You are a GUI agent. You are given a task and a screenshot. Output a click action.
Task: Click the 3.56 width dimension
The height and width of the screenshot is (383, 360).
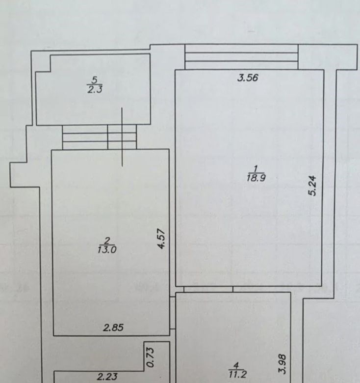pos(248,78)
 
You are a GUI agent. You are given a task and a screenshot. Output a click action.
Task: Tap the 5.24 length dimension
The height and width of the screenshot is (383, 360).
pos(312,186)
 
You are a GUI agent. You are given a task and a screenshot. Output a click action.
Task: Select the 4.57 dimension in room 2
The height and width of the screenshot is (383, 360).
pos(162,239)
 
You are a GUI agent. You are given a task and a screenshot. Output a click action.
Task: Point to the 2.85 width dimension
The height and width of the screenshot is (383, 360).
pos(113,328)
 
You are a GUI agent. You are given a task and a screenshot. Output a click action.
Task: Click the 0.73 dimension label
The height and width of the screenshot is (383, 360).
pos(150,357)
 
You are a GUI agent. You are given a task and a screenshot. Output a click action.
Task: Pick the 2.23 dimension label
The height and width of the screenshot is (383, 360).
pos(107,377)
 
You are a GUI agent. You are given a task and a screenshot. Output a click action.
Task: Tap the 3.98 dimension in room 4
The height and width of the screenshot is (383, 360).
pos(282,364)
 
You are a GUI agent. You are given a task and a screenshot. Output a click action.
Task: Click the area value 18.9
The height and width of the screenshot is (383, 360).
pos(256,178)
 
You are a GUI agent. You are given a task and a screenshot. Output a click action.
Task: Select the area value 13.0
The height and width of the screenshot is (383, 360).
pos(107,250)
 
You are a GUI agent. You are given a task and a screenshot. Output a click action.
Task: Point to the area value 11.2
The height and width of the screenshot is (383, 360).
pos(237,374)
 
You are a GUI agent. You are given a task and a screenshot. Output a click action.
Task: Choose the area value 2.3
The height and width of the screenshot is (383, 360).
pos(95,90)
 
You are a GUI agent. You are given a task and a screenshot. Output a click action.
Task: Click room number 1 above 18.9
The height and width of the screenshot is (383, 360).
pos(256,169)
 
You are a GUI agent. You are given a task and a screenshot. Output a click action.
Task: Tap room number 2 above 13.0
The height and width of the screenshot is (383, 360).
pos(107,241)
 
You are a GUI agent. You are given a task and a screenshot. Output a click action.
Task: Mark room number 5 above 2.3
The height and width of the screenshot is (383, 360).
pos(95,80)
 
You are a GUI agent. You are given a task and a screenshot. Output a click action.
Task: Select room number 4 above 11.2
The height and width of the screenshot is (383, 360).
pos(236,365)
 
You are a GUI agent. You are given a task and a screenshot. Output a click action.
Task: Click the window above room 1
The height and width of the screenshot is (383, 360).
pos(241,56)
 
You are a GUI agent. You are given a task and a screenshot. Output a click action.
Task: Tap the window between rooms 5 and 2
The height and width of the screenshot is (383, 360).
pos(99,137)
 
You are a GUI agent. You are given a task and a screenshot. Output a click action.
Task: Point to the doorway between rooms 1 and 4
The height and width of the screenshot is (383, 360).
pos(208,289)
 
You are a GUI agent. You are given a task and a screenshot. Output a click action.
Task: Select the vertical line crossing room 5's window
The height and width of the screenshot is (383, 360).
pos(122,137)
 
